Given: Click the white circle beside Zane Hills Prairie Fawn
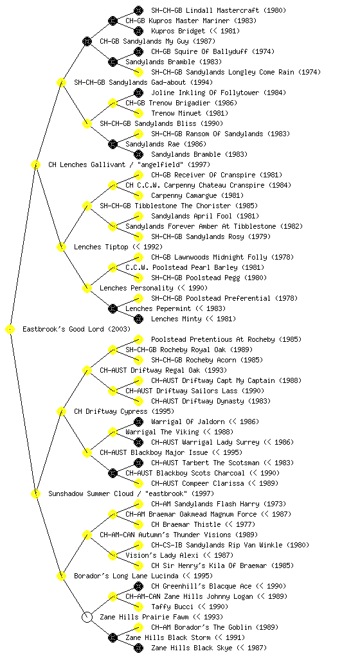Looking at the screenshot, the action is (x=87, y=617).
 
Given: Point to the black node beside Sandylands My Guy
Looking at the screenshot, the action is (x=87, y=41).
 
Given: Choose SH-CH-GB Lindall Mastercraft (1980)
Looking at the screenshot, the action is (x=219, y=10).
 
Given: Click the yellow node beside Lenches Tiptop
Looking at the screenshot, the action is (x=61, y=247).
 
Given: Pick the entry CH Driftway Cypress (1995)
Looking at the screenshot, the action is (x=124, y=411).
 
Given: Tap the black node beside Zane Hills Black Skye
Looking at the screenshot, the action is (x=138, y=648).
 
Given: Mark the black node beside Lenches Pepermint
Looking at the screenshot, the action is (x=113, y=308).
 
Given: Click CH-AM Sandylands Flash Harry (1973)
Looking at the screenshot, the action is (x=219, y=504).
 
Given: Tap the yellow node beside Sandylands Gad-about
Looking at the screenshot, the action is (x=61, y=82).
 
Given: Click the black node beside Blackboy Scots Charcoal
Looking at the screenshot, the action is (x=113, y=473).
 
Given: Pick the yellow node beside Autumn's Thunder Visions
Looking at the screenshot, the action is (x=87, y=535).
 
